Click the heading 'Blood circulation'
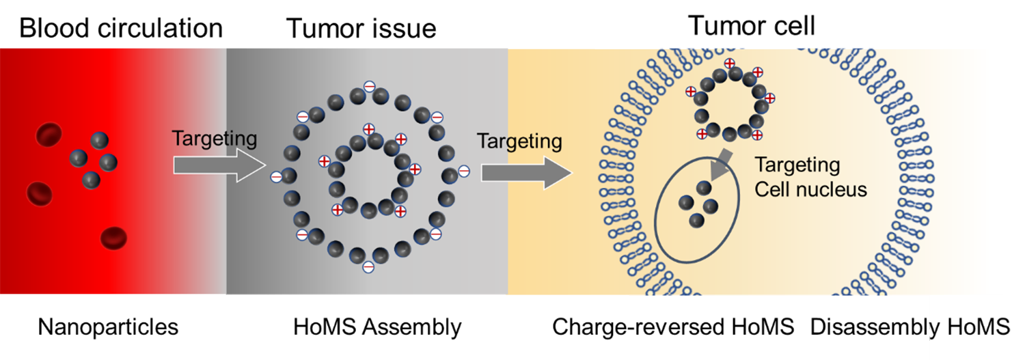[120, 28]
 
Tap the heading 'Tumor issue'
[361, 28]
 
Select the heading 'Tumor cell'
[752, 26]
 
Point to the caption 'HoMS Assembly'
[377, 327]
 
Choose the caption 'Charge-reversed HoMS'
[673, 327]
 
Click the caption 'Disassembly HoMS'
[910, 327]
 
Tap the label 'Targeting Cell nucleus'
[810, 177]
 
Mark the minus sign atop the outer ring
[369, 87]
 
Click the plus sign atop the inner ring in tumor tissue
[369, 129]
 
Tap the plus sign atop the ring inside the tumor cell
[730, 64]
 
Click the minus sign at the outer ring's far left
[277, 177]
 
